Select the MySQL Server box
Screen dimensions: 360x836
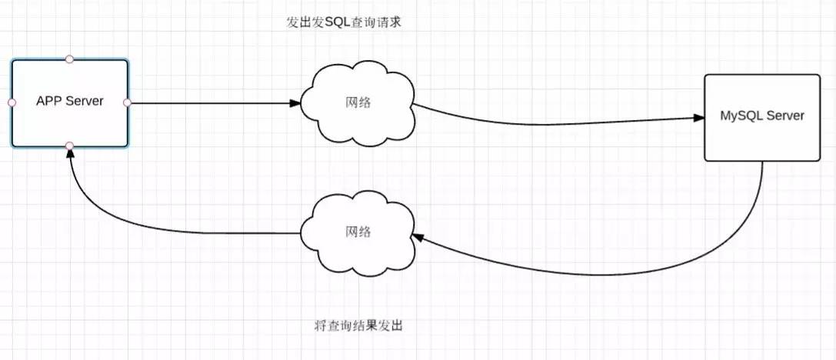pyautogui.click(x=761, y=142)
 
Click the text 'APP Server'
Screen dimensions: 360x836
pyautogui.click(x=69, y=102)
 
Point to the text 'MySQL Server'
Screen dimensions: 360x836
pyautogui.click(x=761, y=116)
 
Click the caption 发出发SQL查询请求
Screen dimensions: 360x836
pyautogui.click(x=345, y=22)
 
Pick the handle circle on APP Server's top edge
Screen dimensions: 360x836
pyautogui.click(x=69, y=58)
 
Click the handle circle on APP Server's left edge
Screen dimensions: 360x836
pyautogui.click(x=12, y=102)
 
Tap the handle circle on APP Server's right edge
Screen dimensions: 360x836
pyautogui.click(x=128, y=102)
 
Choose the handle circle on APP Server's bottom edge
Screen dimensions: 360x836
pyautogui.click(x=69, y=145)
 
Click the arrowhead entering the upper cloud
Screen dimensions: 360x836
pyautogui.click(x=295, y=102)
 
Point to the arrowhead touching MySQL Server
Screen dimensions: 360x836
pyautogui.click(x=699, y=118)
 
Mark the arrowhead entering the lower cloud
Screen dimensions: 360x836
pyautogui.click(x=418, y=238)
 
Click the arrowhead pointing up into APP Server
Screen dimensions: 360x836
pyautogui.click(x=69, y=155)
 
